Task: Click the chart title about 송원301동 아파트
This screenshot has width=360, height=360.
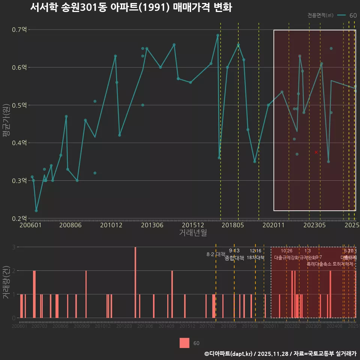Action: point(131,8)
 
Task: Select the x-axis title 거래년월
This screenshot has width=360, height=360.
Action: point(193,233)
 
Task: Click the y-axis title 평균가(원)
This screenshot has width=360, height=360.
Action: point(6,124)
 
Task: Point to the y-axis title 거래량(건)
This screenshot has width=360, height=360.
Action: point(6,282)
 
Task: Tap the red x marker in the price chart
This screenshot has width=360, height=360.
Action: point(316,152)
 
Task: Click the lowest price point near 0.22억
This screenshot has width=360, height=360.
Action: point(36,211)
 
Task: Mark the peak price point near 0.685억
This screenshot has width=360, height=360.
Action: point(217,35)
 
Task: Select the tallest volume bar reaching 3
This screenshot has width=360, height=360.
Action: point(135,282)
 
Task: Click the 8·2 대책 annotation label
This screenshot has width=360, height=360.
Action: point(216,254)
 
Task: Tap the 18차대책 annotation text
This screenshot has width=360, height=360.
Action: point(256,258)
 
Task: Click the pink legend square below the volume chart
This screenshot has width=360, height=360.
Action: point(184,343)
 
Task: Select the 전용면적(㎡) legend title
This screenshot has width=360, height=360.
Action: point(320,15)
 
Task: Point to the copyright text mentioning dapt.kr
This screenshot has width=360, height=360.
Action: point(280,354)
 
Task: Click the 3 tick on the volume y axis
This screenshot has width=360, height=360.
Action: point(13,247)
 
